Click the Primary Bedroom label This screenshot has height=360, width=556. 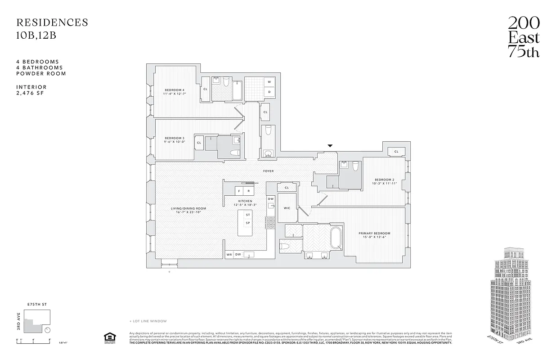pos(374,233)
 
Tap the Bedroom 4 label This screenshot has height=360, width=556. pos(174,90)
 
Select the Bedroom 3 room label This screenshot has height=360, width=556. pos(174,138)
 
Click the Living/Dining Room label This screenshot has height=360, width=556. pos(188,208)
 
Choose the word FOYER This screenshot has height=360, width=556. pos(269,171)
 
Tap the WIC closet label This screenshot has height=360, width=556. pos(287,208)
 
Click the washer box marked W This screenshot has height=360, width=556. pos(269,82)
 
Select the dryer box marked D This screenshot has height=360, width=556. pos(269,92)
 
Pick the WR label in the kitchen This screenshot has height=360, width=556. pos(229,255)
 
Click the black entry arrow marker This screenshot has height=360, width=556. pos(330,146)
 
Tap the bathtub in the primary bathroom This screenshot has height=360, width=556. pos(336,238)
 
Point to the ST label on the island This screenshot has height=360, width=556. pos(248,215)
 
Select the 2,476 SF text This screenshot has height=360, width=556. pos(31,93)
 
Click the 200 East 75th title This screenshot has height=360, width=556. pos(524,37)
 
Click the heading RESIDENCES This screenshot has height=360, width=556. pos(52,22)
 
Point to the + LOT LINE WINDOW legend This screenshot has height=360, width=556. pos(148,321)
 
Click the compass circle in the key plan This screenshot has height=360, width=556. pos(48,329)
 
